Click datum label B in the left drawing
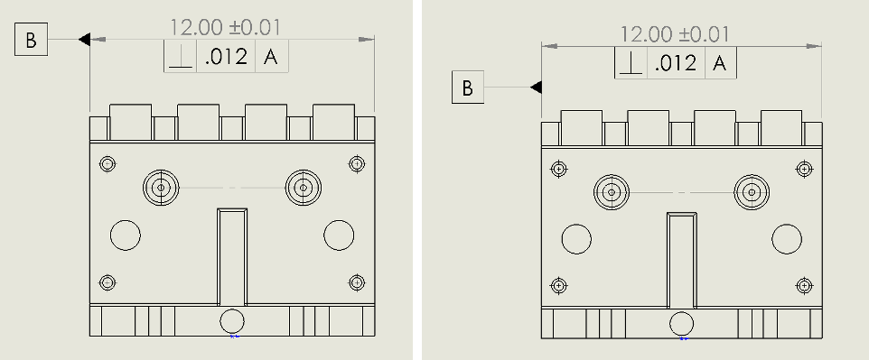click(x=31, y=40)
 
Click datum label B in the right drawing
click(x=468, y=87)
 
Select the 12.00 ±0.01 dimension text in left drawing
click(x=225, y=27)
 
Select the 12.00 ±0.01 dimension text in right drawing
click(x=674, y=34)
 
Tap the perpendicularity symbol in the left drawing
click(x=181, y=56)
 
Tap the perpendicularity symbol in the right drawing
click(x=630, y=62)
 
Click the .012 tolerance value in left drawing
click(x=226, y=57)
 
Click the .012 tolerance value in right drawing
click(x=675, y=63)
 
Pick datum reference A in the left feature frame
click(x=270, y=57)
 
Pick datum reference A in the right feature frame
click(x=719, y=63)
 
